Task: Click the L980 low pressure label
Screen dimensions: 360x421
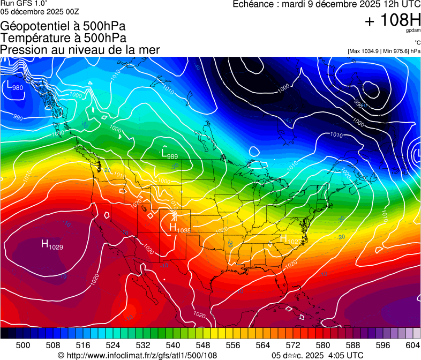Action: point(14,85)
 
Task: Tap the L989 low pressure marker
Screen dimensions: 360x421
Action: point(169,154)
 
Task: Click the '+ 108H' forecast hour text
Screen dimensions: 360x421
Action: point(392,21)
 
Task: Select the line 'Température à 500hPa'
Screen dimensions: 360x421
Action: point(63,38)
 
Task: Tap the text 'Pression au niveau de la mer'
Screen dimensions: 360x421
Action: point(80,50)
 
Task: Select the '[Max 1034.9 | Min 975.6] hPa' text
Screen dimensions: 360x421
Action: point(384,51)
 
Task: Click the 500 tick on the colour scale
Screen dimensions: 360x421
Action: point(23,344)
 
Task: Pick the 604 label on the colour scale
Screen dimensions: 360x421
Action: point(413,344)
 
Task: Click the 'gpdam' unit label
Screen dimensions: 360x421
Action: point(413,31)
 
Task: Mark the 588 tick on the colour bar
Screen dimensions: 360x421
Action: point(353,344)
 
